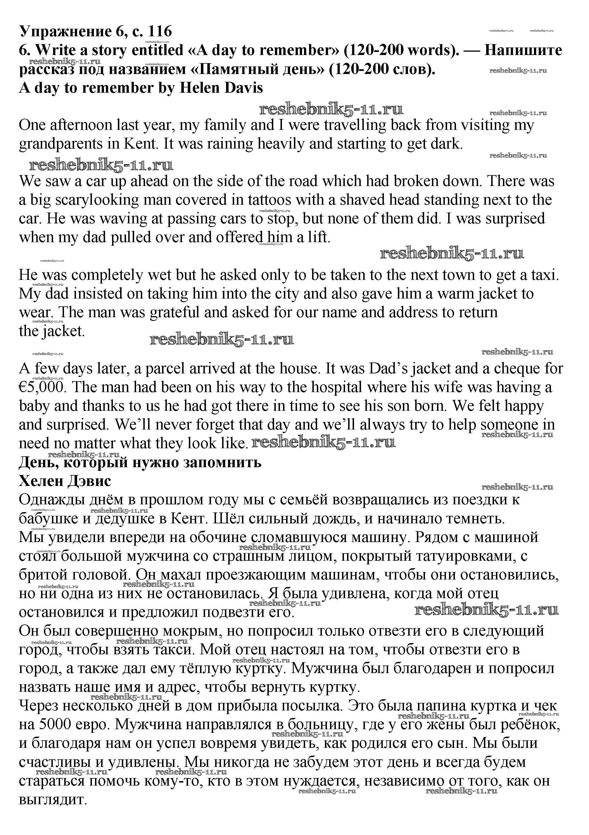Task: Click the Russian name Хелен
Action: coord(40,481)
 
